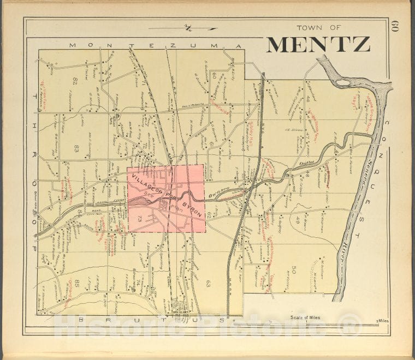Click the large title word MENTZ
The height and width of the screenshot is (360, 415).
(318, 45)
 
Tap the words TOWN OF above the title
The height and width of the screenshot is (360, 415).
(319, 28)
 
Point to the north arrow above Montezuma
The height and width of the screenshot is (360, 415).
(186, 28)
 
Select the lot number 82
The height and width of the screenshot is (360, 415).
(75, 81)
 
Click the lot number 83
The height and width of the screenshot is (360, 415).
(77, 148)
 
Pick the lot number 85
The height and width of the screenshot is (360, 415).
(77, 283)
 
